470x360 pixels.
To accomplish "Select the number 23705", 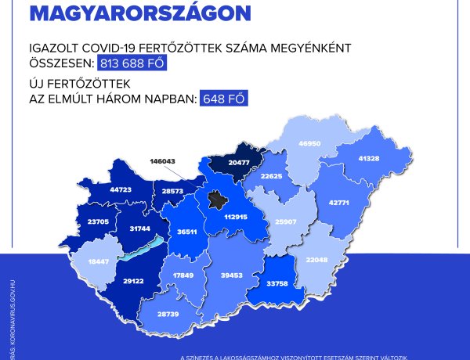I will pyautogui.click(x=78, y=221).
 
